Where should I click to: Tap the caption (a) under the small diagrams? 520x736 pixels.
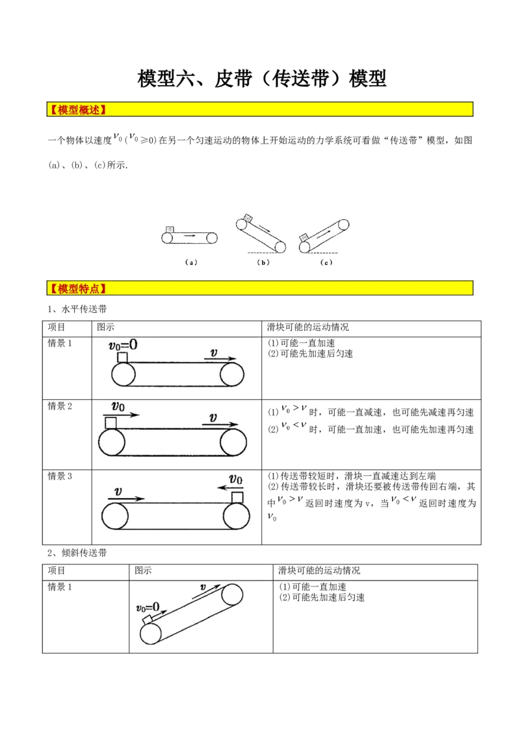point(190,263)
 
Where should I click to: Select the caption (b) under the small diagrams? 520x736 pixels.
point(263,263)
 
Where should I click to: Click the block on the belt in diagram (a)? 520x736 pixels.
point(170,229)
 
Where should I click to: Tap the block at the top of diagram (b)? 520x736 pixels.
point(248,218)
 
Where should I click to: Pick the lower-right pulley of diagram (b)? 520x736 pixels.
point(279,246)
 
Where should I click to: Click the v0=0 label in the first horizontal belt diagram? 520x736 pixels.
point(122,345)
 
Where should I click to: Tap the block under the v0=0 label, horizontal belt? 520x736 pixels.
point(122,357)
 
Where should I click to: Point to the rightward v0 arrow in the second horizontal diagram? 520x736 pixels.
point(121,414)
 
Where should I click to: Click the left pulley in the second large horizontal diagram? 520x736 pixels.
point(111,443)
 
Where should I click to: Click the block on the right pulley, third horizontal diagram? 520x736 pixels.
point(238,497)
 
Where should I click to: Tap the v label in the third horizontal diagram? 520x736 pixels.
point(118,492)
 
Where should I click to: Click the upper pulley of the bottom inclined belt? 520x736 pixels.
point(232,595)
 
